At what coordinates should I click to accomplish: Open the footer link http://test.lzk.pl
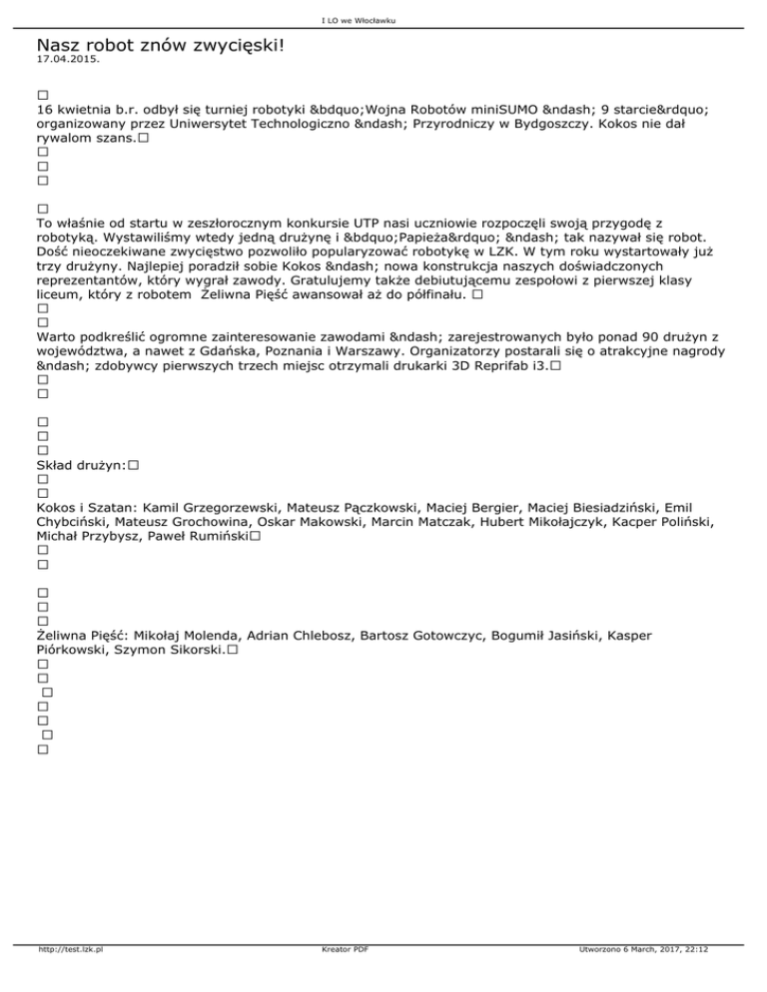point(71,979)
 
